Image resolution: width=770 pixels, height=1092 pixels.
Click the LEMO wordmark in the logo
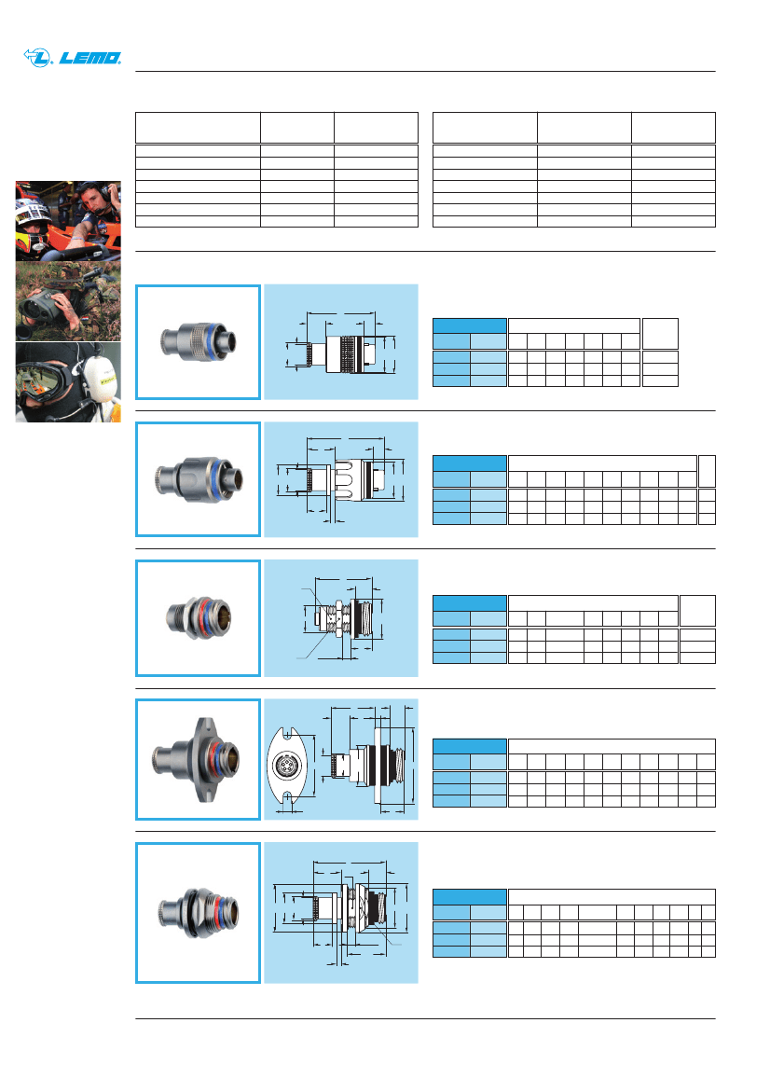tap(91, 58)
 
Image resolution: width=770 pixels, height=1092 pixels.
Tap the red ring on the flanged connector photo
tap(212, 755)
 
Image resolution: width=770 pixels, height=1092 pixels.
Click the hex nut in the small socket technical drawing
tap(347, 617)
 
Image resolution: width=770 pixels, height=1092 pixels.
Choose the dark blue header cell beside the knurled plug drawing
tap(470, 325)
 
